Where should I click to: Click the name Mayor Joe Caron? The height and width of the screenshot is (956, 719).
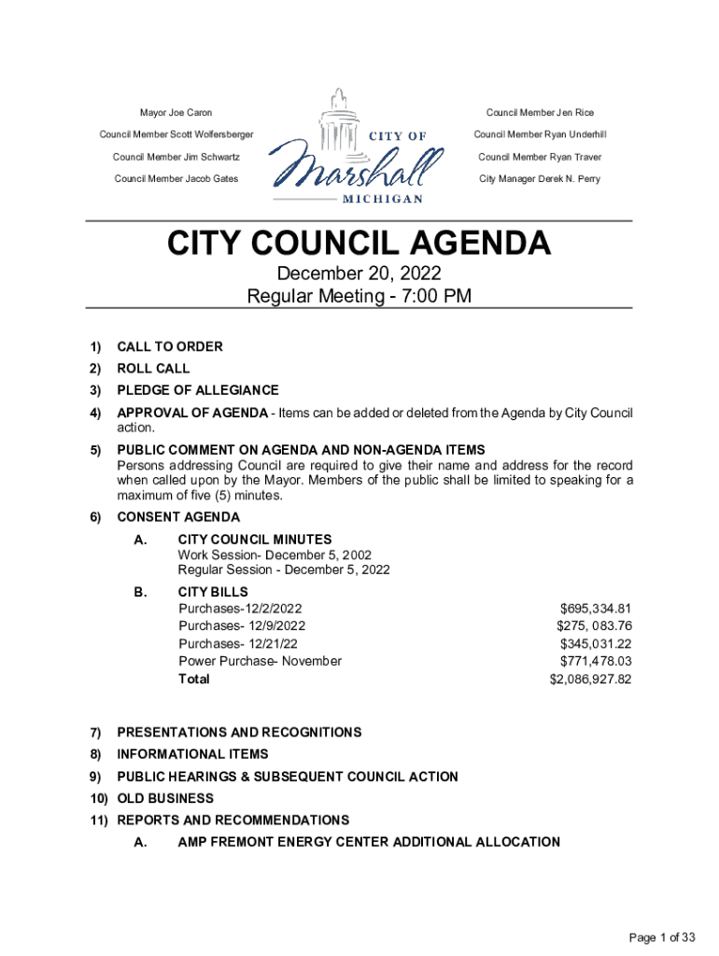176,113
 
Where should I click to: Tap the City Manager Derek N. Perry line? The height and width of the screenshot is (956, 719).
540,178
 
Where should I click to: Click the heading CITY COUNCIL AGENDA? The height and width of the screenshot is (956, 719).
359,245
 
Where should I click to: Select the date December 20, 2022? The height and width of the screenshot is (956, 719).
359,274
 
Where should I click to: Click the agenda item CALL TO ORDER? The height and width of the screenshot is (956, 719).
170,346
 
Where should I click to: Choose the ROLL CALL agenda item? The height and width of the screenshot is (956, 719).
153,369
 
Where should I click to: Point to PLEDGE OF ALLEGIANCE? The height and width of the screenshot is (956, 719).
198,390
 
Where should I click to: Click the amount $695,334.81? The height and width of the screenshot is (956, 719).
595,609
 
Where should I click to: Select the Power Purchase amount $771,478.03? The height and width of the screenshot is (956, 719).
595,661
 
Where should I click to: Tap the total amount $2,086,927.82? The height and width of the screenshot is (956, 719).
590,679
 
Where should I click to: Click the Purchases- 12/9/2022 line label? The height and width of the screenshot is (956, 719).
242,626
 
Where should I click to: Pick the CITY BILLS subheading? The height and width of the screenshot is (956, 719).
213,592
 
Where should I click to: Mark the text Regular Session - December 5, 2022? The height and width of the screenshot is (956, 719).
284,569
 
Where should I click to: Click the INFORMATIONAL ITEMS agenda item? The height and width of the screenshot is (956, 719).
192,753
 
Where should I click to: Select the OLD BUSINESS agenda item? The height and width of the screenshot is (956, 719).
165,798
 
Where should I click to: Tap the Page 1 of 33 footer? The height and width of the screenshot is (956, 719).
662,937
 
